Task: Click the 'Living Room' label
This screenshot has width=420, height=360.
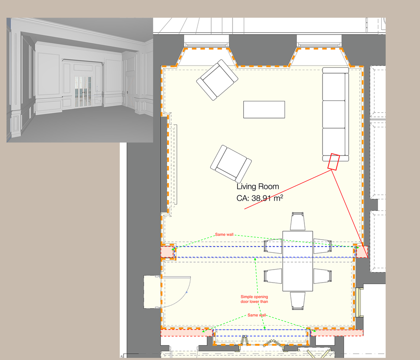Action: (x=258, y=186)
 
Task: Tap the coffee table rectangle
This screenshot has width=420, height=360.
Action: (x=264, y=109)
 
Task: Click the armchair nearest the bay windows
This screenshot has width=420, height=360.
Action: (x=217, y=80)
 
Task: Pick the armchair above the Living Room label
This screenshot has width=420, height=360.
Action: (x=231, y=164)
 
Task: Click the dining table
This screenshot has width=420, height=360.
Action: (x=298, y=261)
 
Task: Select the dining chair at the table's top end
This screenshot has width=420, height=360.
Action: (x=298, y=221)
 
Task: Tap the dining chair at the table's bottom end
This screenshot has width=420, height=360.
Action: (x=298, y=301)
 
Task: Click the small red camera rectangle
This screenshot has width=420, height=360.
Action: (x=333, y=161)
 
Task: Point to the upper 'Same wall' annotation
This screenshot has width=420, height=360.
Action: (x=224, y=234)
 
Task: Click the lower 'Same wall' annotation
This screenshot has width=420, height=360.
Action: (x=256, y=315)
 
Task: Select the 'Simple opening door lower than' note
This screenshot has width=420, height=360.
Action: (x=254, y=299)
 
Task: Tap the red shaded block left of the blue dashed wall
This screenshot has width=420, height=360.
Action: (x=167, y=252)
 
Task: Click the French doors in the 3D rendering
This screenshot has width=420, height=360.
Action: (x=83, y=91)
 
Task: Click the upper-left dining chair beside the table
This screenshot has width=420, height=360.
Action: (x=273, y=246)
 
